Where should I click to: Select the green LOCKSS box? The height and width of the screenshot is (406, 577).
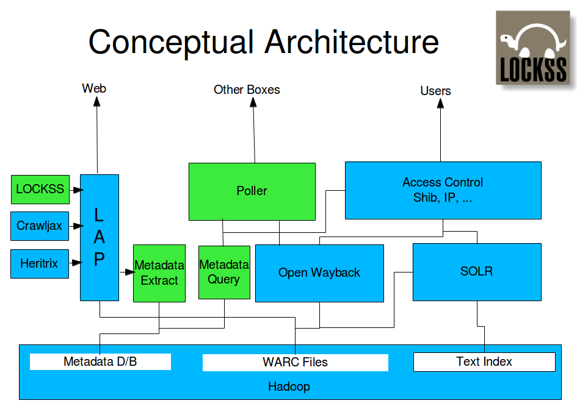point(40,189)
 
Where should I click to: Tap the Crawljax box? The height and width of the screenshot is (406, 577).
point(40,226)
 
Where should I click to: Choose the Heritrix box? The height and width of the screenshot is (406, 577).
point(40,263)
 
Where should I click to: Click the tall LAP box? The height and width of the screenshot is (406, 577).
point(99,237)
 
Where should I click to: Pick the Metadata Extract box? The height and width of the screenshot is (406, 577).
point(159,272)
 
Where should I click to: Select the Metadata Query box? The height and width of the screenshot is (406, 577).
point(224,272)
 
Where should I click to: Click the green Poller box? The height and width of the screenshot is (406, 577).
point(252,191)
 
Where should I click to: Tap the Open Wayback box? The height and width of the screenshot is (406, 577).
point(319,272)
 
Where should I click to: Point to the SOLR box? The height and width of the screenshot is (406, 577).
point(476,271)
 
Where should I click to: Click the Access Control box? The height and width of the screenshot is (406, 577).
point(443,190)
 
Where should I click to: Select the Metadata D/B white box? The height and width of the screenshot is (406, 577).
point(100,361)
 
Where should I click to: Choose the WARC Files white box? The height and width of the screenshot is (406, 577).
point(295,362)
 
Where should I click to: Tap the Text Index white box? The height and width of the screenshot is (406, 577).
point(484,361)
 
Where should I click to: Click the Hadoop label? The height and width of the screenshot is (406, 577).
point(289,386)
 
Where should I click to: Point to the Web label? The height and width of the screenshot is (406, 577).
point(94,88)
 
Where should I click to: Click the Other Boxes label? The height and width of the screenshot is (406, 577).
point(247,90)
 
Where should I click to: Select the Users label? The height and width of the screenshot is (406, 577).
point(435,91)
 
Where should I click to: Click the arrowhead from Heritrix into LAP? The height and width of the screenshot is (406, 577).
point(78,263)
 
